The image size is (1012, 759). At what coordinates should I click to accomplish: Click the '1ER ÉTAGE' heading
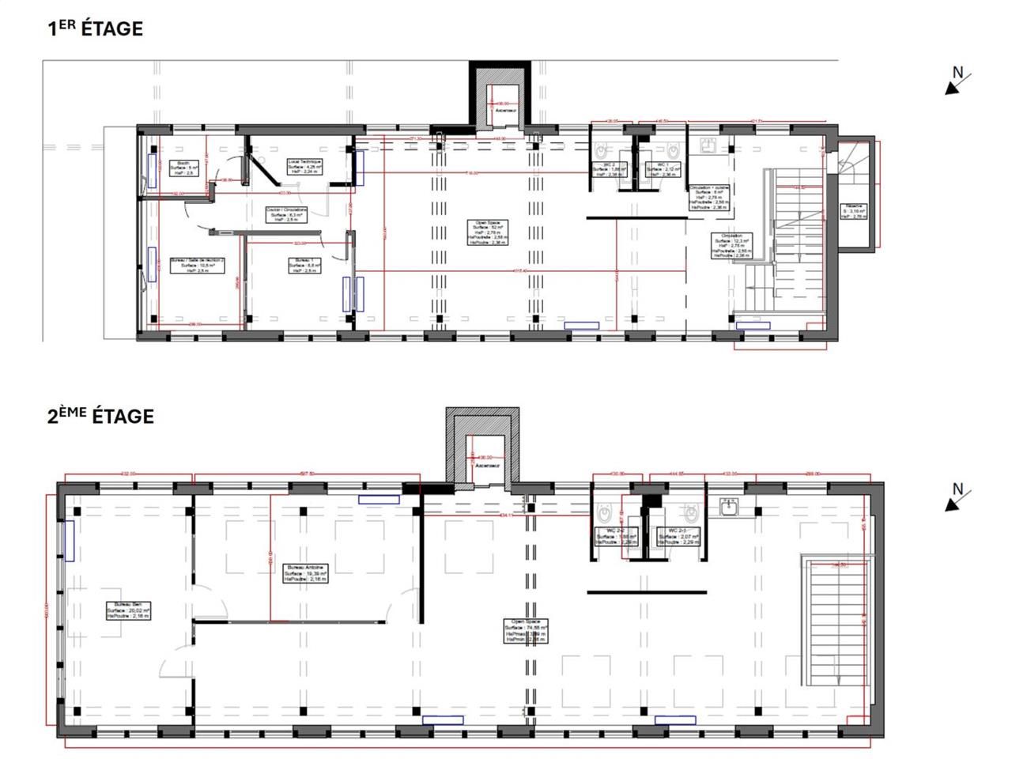(95, 29)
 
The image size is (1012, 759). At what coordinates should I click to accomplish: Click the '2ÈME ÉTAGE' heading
(100, 416)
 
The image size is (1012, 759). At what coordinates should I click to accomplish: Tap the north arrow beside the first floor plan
(957, 80)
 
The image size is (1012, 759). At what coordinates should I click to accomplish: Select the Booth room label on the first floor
(183, 168)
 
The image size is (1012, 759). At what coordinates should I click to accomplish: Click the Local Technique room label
(304, 165)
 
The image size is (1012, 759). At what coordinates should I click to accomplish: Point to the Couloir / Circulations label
(286, 214)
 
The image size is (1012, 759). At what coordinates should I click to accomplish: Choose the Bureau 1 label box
(304, 265)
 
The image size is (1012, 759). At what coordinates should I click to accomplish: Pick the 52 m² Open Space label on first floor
(487, 232)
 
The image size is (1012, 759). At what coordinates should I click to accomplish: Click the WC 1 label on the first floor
(660, 168)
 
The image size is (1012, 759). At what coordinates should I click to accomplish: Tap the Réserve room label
(855, 211)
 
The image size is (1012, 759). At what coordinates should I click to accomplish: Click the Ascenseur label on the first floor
(506, 111)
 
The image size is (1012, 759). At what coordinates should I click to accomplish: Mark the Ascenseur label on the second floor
(485, 466)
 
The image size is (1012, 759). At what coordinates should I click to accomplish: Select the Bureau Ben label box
(128, 610)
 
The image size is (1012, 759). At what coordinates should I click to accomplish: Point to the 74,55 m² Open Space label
(526, 631)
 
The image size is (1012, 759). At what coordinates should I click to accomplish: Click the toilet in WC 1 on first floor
(673, 149)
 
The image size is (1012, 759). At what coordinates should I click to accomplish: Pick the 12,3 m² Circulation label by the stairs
(731, 246)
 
